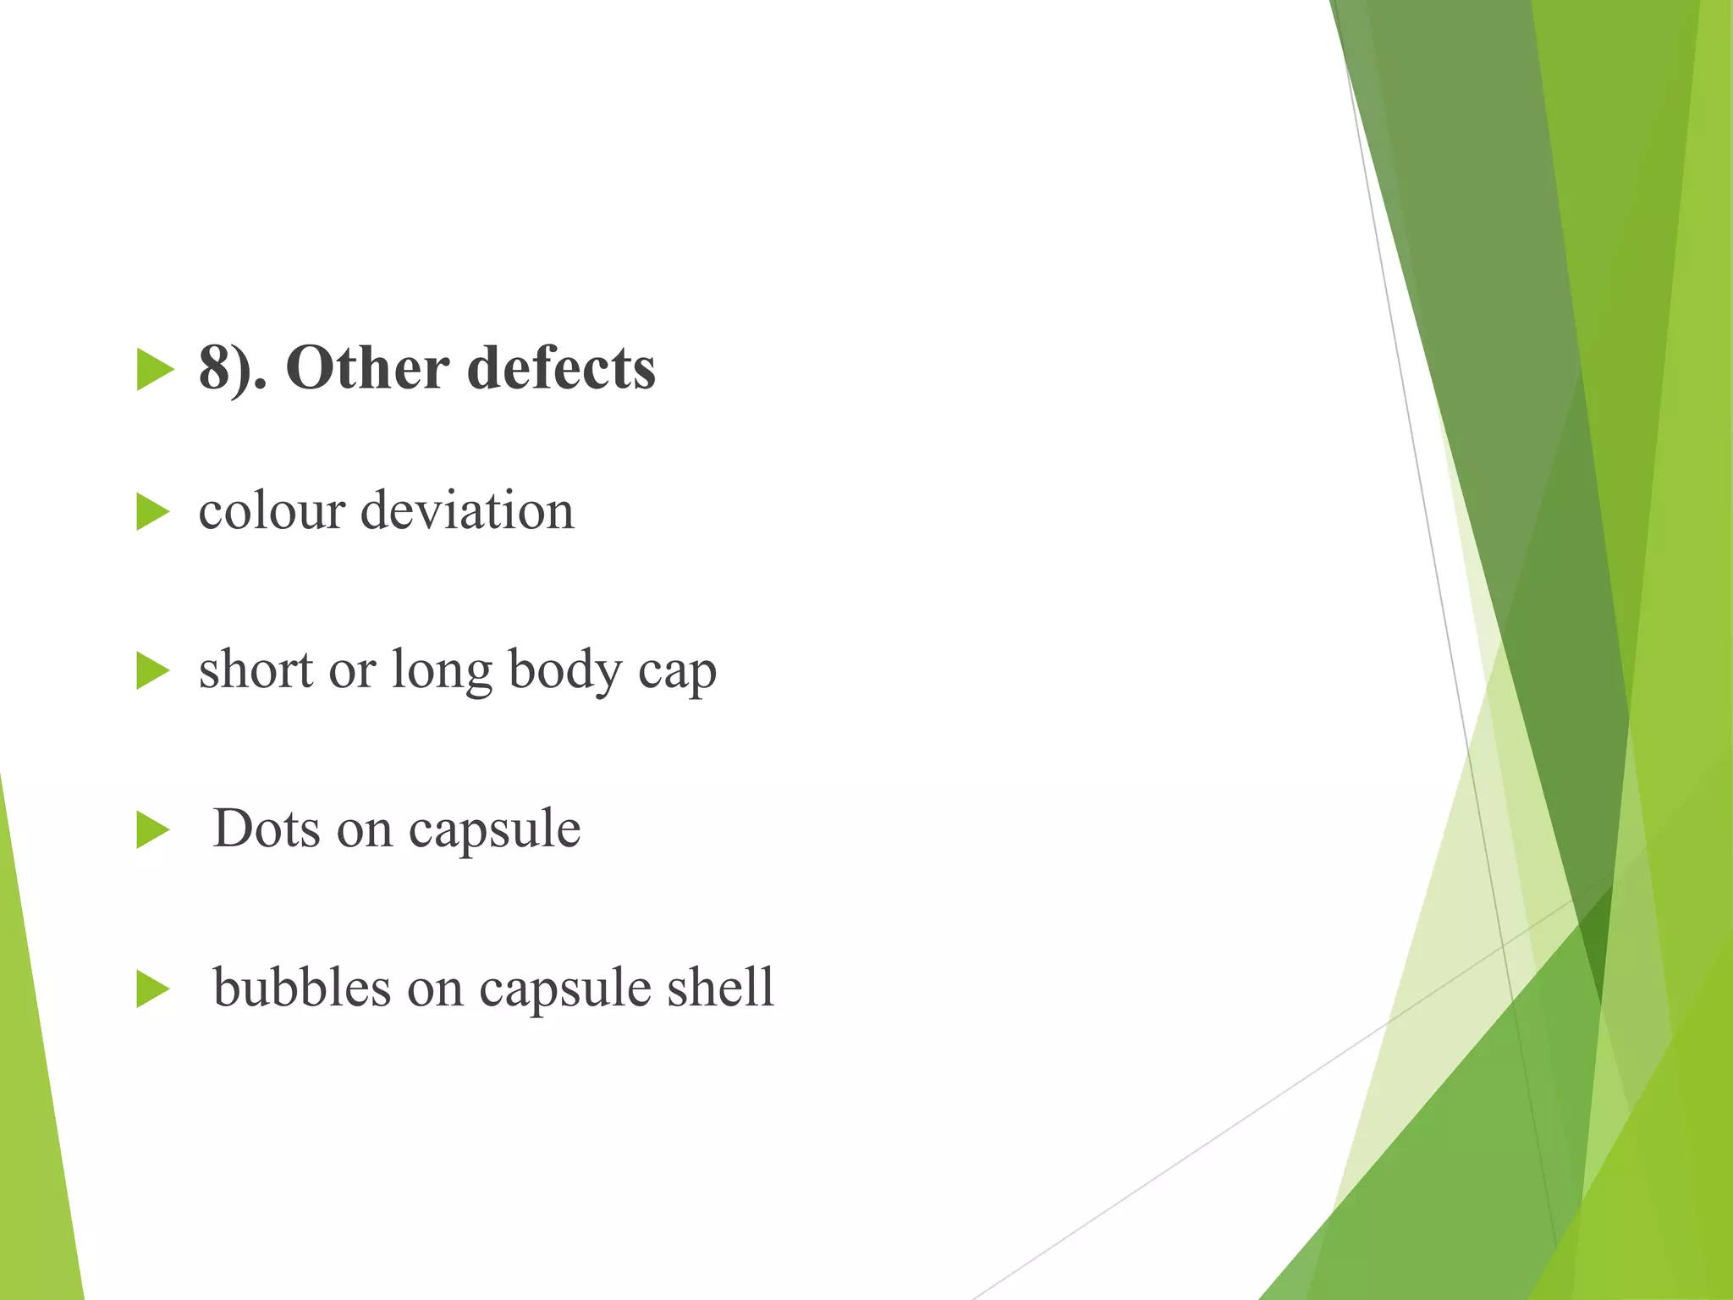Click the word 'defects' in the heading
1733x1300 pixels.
click(561, 369)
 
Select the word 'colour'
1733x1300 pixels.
click(272, 511)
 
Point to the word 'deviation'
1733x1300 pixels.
click(467, 511)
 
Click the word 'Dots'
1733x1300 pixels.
click(266, 828)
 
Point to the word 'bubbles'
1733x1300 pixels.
click(302, 987)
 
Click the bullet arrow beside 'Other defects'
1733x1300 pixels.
click(155, 370)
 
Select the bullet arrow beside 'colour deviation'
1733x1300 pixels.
click(153, 512)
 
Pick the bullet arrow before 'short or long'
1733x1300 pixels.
click(153, 671)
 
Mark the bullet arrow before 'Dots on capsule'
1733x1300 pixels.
click(153, 829)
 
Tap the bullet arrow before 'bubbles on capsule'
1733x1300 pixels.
click(153, 989)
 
